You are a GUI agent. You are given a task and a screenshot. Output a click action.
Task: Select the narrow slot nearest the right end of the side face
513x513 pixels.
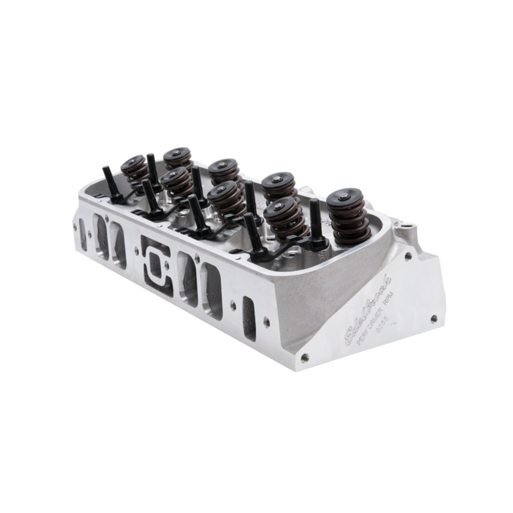[x=248, y=313]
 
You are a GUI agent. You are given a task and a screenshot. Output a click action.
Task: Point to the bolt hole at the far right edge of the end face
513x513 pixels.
[x=433, y=319]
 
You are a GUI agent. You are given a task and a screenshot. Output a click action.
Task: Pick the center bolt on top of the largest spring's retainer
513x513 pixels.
[x=345, y=196]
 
